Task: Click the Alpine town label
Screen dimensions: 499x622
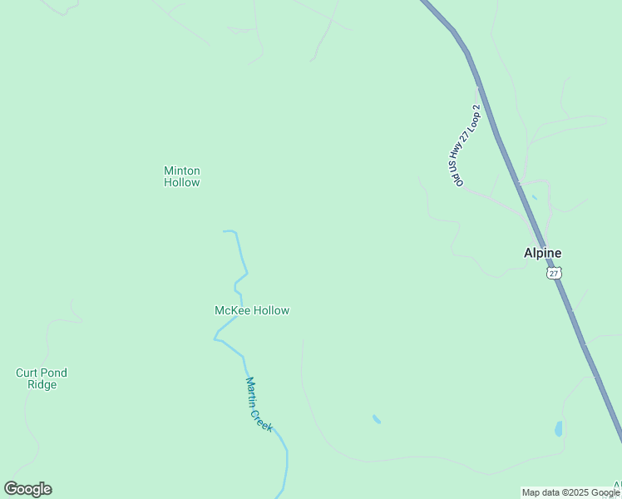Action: [x=542, y=254]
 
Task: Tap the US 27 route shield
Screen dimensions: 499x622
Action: [x=555, y=273]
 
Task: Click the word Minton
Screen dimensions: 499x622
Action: [x=181, y=170]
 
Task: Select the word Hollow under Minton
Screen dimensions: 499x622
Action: [x=181, y=182]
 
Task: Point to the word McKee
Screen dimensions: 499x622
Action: [x=232, y=310]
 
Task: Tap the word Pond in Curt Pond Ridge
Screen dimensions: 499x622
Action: [x=55, y=373]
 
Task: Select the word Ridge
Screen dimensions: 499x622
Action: [x=41, y=385]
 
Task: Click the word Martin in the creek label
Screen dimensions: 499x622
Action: [x=252, y=392]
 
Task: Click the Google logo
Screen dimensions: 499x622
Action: [x=27, y=489]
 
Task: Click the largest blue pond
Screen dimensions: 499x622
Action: [x=559, y=428]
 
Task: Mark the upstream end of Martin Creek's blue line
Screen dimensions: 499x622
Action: [x=225, y=231]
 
